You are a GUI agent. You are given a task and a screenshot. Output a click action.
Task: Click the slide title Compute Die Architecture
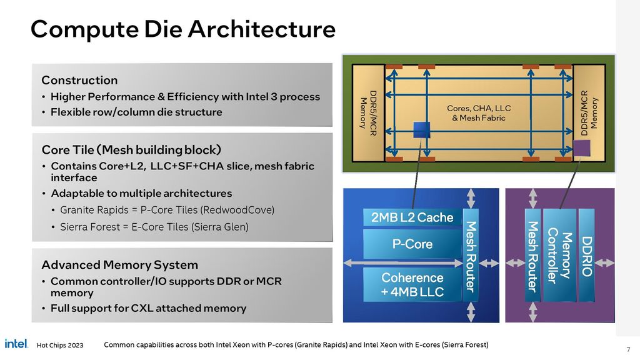(182, 29)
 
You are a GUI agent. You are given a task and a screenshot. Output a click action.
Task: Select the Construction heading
(79, 80)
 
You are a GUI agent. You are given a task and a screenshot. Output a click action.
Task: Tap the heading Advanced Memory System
(119, 265)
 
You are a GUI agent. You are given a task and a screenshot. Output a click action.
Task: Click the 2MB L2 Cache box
(412, 217)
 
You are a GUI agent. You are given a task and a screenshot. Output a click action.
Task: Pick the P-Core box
(412, 244)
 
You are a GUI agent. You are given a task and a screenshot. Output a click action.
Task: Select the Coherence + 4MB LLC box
(412, 284)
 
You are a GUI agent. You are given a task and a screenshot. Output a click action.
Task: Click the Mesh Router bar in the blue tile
(471, 256)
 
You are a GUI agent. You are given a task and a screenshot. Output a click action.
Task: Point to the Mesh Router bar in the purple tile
(532, 256)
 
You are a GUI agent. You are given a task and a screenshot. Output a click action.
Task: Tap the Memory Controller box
(559, 256)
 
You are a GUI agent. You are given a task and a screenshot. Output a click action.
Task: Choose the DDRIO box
(586, 256)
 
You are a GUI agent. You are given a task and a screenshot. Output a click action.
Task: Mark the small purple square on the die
(582, 148)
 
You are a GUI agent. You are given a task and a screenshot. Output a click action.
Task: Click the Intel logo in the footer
(16, 344)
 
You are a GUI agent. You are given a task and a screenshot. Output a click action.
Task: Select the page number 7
(627, 348)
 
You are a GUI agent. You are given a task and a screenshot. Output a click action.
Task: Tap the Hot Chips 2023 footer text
(60, 346)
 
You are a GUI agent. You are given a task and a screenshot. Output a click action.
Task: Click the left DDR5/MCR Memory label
(366, 112)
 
